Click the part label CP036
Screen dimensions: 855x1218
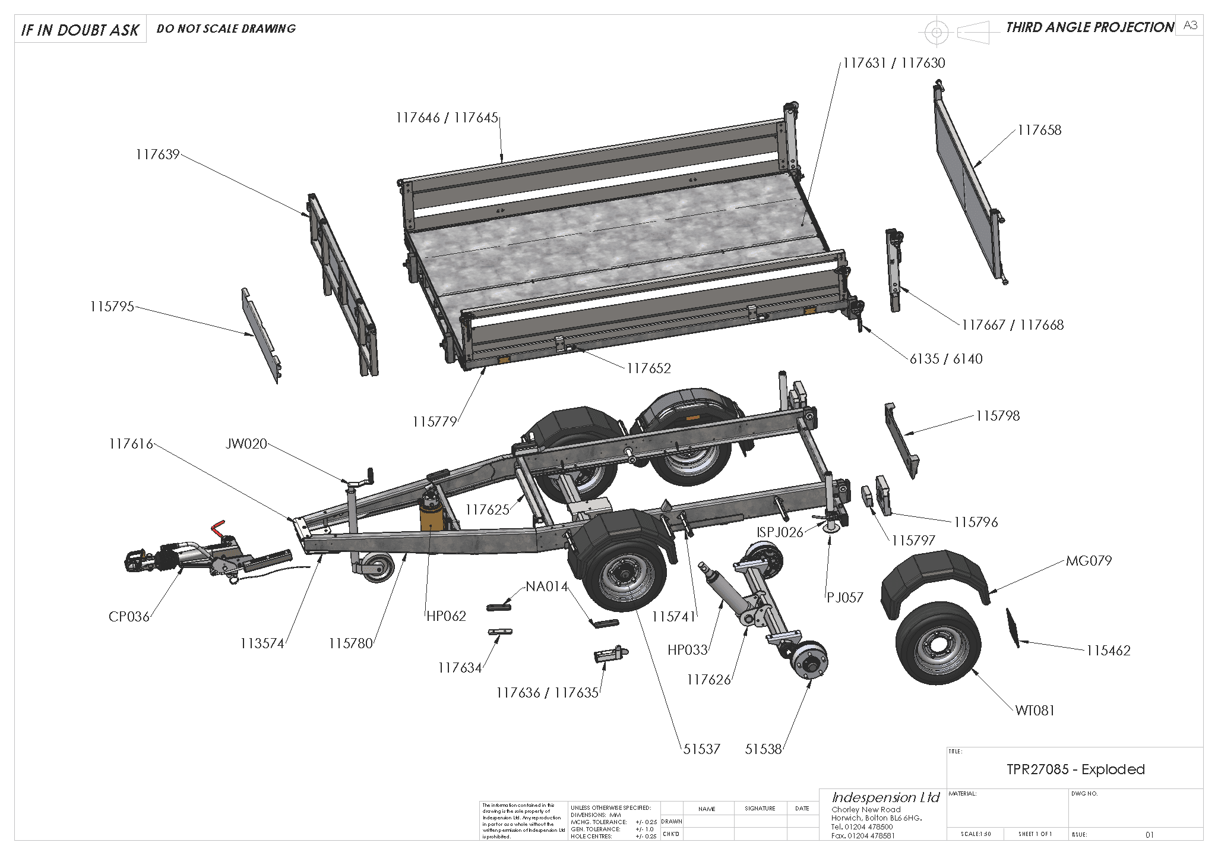(x=129, y=617)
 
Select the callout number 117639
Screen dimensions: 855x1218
(x=157, y=155)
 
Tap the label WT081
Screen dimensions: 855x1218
(x=1034, y=711)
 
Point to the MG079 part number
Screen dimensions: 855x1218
(x=1089, y=561)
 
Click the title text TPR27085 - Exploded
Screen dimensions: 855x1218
(x=1075, y=769)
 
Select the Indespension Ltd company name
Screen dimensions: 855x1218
(x=885, y=797)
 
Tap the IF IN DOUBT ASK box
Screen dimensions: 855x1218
(x=80, y=30)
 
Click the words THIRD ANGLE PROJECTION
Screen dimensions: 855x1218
(x=1089, y=27)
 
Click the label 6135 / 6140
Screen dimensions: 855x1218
(x=945, y=359)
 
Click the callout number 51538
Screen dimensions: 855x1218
(x=763, y=750)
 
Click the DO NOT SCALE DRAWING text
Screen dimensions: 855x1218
(x=226, y=29)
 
